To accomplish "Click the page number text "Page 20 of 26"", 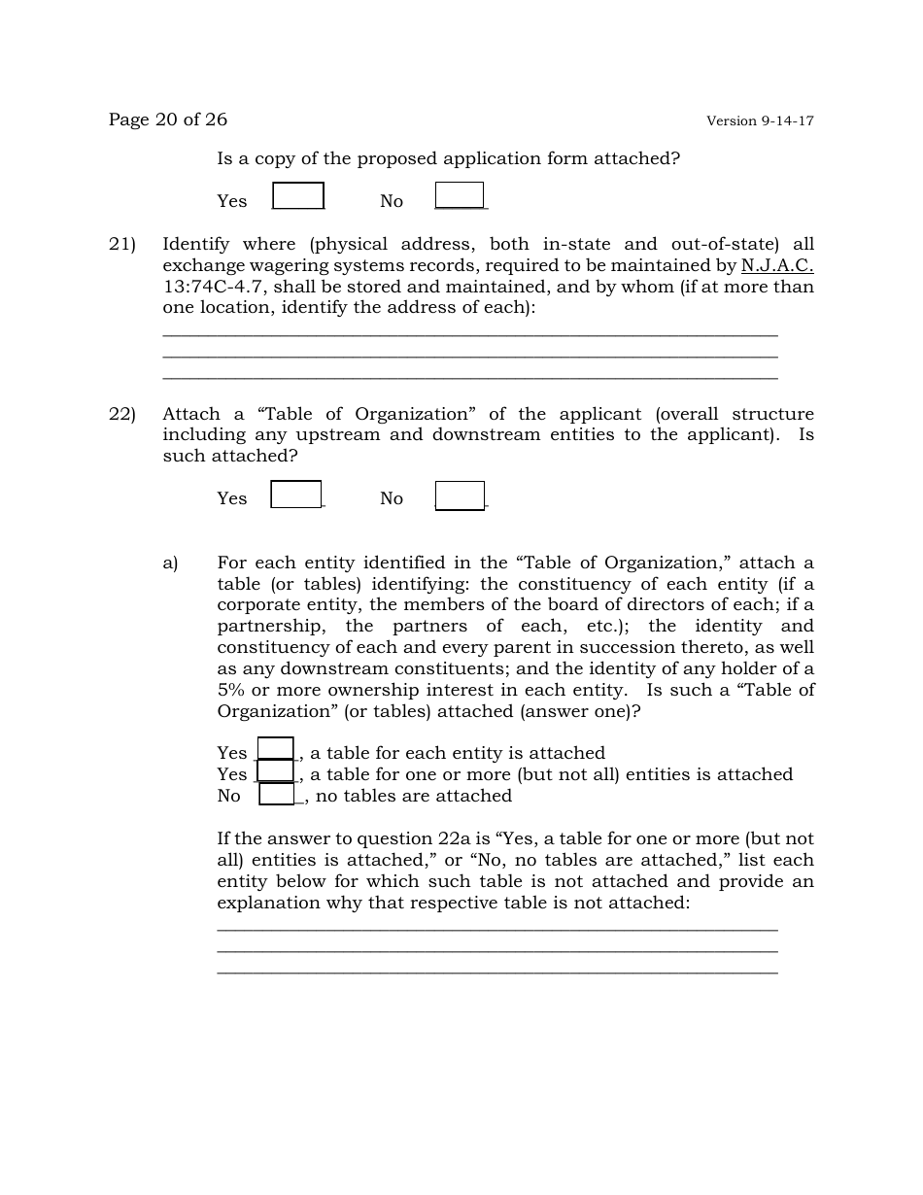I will coord(168,119).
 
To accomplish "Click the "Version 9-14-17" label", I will coord(760,121).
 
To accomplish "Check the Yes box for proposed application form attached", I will coord(298,196).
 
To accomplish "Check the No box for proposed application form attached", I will coord(460,195).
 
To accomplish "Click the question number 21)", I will coord(121,245).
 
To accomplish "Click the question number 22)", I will coord(121,414).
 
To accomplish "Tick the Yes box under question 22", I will coord(296,495).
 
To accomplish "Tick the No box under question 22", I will coord(460,495).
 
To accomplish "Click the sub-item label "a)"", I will coord(171,563).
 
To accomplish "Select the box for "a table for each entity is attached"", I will coord(276,749).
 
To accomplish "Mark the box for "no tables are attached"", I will coord(277,795).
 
